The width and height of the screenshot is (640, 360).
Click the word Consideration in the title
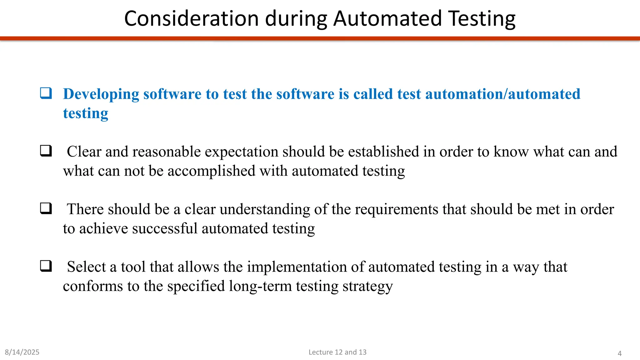pyautogui.click(x=191, y=19)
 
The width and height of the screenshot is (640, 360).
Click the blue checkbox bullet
pyautogui.click(x=46, y=93)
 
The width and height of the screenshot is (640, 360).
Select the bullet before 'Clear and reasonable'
pyautogui.click(x=46, y=151)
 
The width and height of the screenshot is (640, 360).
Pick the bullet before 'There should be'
pyautogui.click(x=46, y=208)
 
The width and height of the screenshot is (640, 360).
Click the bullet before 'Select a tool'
pyautogui.click(x=46, y=266)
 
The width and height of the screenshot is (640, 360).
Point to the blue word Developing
pyautogui.click(x=101, y=94)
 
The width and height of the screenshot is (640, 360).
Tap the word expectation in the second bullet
pyautogui.click(x=241, y=152)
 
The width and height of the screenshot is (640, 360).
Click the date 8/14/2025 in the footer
pyautogui.click(x=22, y=352)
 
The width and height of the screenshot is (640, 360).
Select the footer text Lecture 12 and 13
pyautogui.click(x=337, y=352)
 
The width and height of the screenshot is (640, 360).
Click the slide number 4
pyautogui.click(x=619, y=353)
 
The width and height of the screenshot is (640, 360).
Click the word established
pyautogui.click(x=383, y=152)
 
